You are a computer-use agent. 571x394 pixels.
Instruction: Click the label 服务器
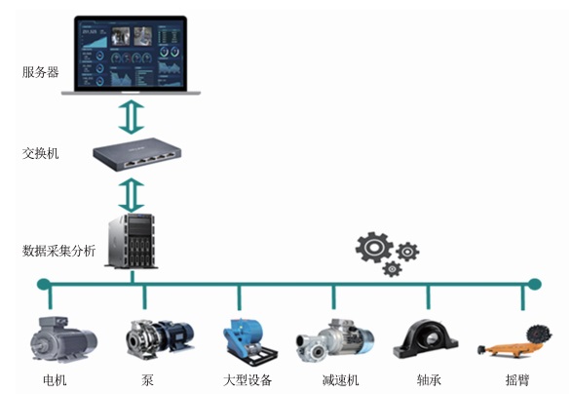click(40, 72)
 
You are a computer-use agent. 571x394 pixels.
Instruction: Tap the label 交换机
click(40, 153)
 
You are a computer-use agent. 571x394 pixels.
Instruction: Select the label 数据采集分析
click(59, 251)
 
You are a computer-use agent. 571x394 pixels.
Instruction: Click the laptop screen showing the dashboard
click(131, 53)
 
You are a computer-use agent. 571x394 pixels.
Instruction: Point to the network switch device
click(137, 154)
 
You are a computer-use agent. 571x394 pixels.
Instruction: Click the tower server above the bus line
click(132, 241)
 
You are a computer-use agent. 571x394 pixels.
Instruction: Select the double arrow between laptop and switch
click(132, 117)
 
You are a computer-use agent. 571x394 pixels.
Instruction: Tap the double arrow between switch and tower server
click(132, 195)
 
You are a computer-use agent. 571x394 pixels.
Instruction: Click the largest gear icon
click(374, 248)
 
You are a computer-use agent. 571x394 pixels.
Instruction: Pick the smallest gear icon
click(393, 269)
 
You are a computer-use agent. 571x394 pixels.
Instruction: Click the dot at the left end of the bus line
click(44, 284)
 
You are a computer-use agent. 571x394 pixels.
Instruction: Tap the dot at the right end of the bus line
click(534, 284)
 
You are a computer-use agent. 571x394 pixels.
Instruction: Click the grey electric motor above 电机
click(63, 339)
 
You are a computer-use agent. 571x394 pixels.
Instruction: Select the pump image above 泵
click(160, 338)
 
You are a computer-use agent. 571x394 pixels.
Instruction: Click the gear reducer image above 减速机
click(335, 340)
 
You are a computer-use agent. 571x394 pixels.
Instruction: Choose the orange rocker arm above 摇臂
click(514, 341)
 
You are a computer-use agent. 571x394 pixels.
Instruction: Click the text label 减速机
click(341, 380)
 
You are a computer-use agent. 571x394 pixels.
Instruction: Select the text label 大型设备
click(247, 380)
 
